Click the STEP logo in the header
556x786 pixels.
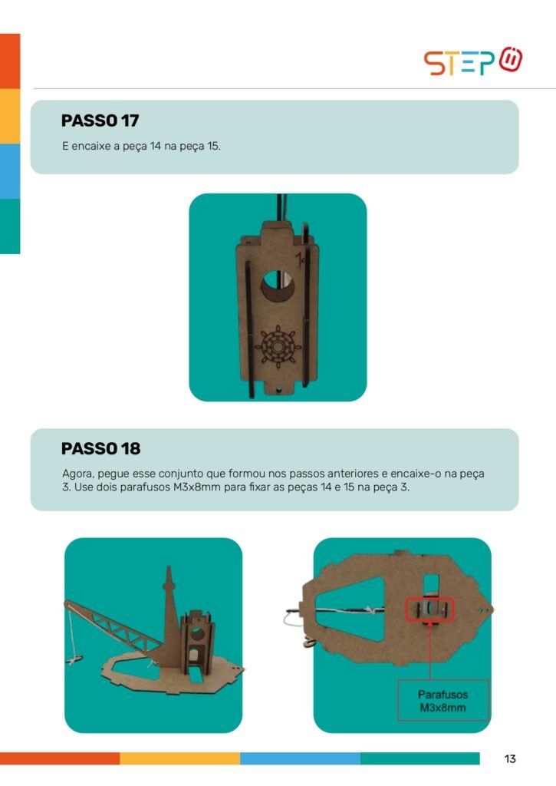tap(473, 61)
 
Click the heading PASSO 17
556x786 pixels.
tap(100, 121)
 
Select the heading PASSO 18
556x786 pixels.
tap(100, 448)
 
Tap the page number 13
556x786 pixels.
tap(510, 758)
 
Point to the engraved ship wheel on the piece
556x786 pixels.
tap(278, 346)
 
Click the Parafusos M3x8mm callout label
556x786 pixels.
tap(442, 701)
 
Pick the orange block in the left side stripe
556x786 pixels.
tap(10, 61)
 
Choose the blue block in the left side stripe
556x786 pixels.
tap(10, 171)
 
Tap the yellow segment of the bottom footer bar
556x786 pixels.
tap(179, 758)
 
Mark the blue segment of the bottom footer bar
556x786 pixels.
tap(300, 758)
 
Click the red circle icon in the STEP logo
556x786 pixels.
tap(511, 60)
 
